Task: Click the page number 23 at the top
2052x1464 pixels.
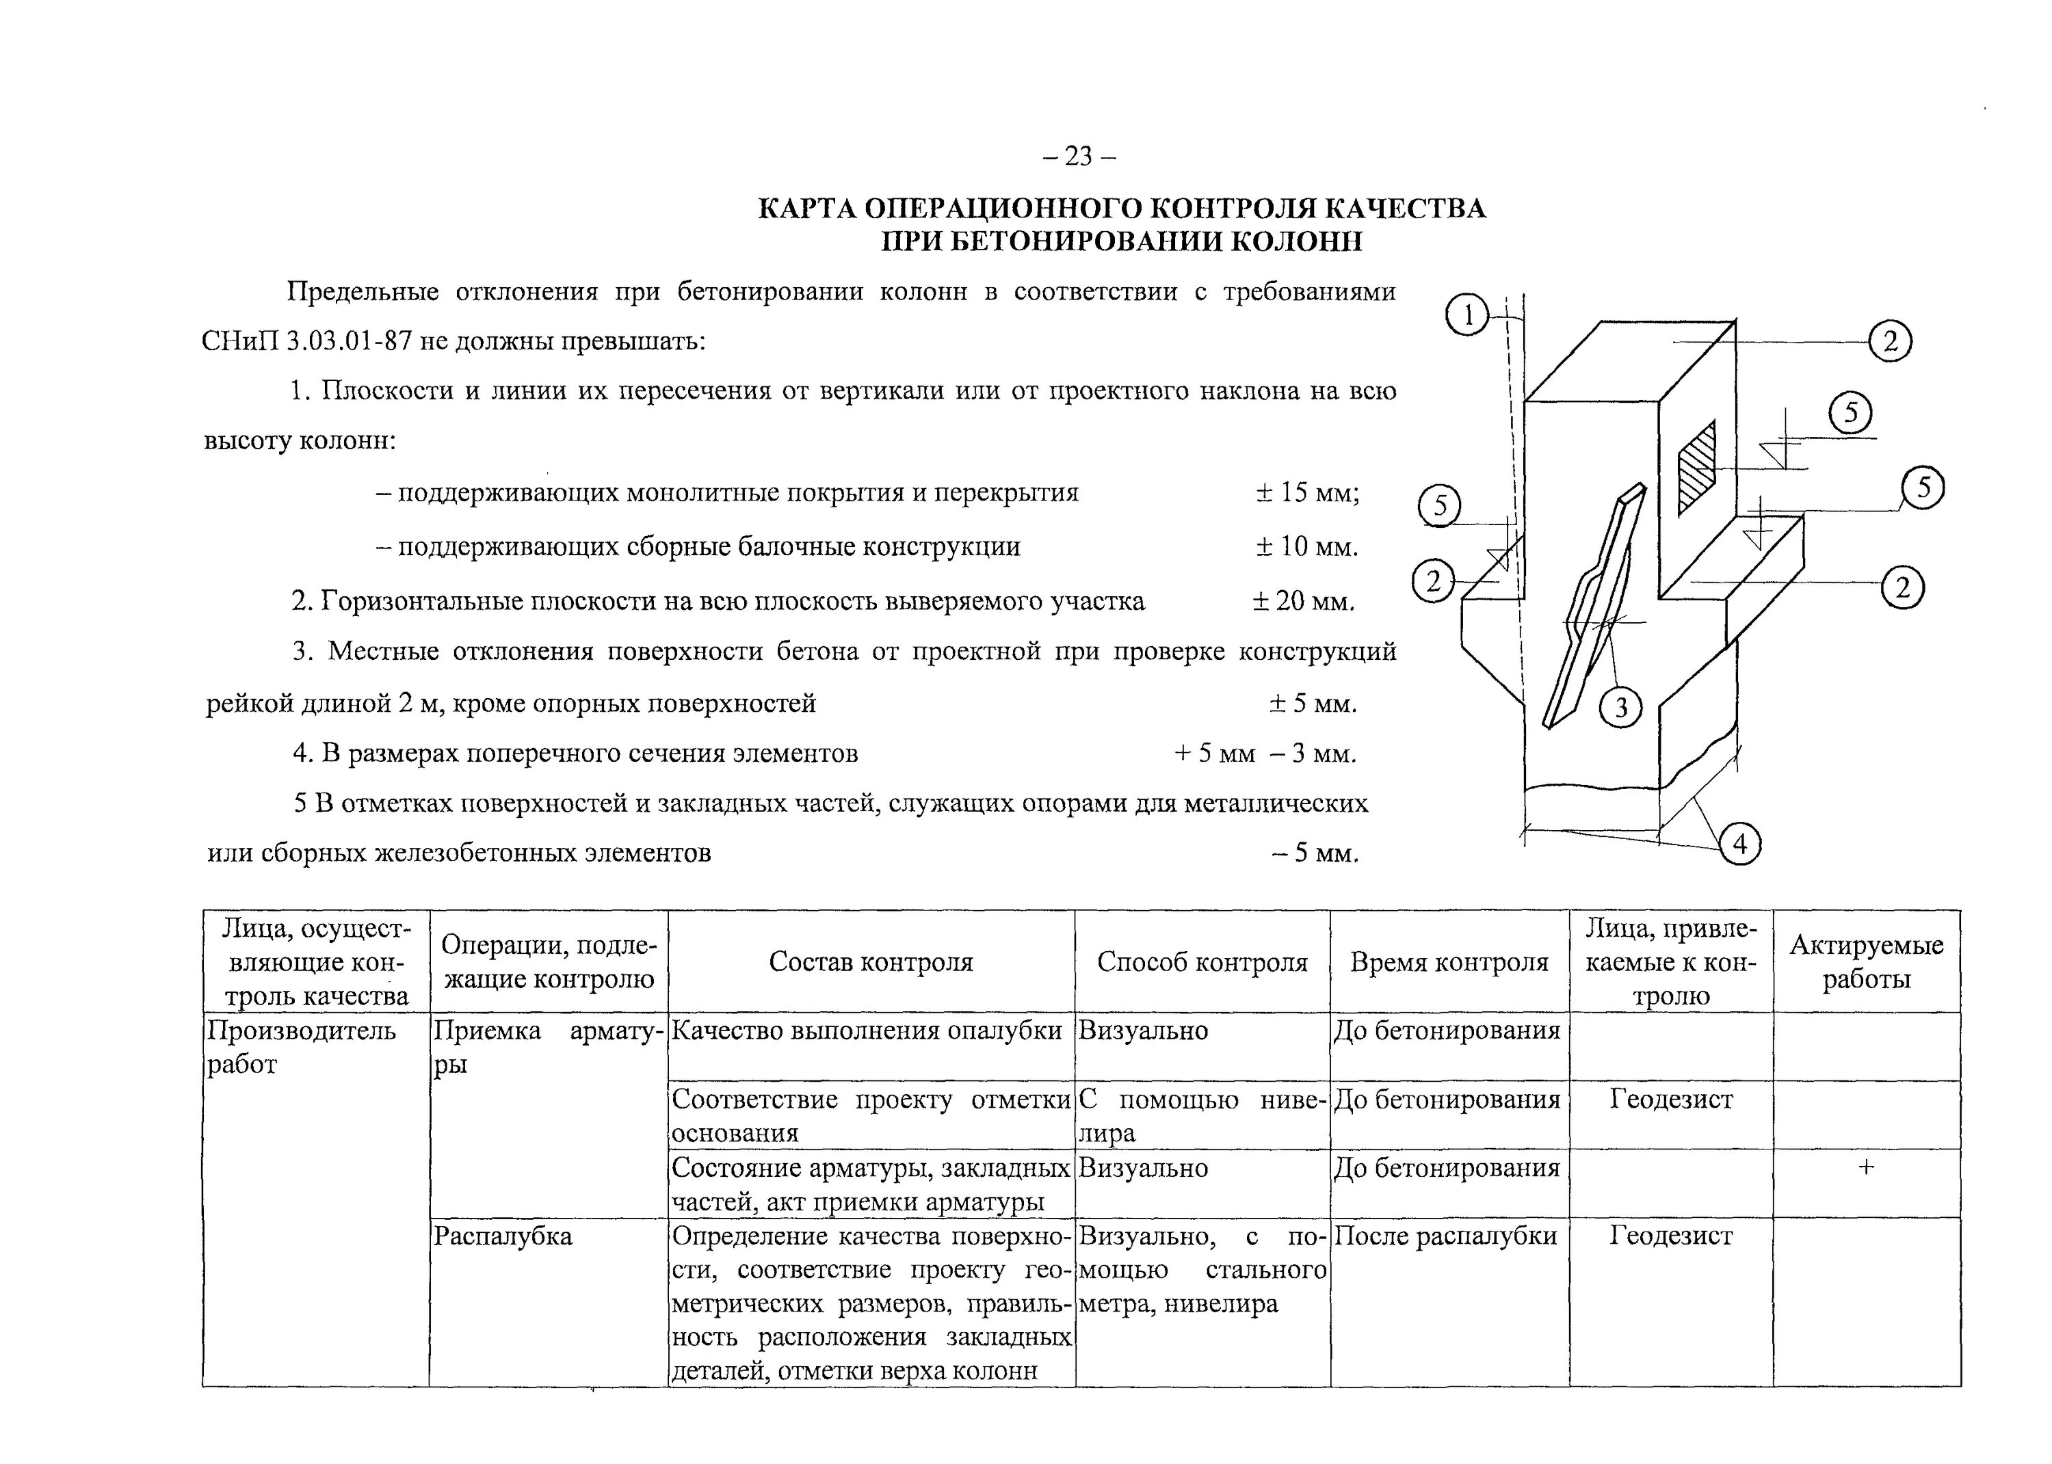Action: click(x=1078, y=157)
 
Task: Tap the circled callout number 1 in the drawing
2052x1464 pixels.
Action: click(x=1468, y=315)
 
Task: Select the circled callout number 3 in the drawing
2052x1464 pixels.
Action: click(x=1620, y=708)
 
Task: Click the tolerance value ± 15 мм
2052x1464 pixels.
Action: click(x=1307, y=493)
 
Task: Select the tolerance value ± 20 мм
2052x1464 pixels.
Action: click(x=1304, y=601)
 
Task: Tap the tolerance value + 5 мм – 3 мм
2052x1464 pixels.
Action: click(x=1264, y=753)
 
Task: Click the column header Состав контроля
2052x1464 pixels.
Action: click(x=871, y=962)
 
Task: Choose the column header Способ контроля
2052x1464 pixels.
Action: click(x=1202, y=962)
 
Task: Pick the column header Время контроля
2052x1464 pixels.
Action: click(x=1449, y=962)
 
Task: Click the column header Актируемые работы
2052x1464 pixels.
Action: click(x=1866, y=962)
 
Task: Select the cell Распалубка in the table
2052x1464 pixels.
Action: click(x=503, y=1236)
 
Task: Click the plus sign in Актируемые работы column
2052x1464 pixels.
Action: click(x=1866, y=1167)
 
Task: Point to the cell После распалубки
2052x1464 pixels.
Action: click(x=1445, y=1236)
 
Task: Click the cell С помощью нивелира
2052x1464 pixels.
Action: click(x=1202, y=1116)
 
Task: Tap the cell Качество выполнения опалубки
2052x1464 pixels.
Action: click(x=867, y=1030)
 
